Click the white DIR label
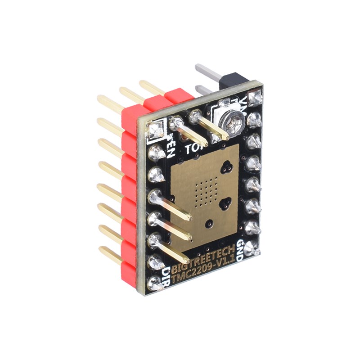point(166,275)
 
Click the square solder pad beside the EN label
point(157,131)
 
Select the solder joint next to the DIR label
point(154,283)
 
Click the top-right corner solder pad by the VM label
point(256,97)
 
